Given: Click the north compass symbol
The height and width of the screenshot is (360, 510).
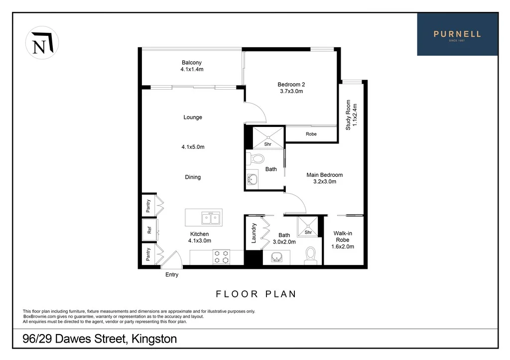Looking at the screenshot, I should point(42,43).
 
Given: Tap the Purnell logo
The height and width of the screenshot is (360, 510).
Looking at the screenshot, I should point(457,34).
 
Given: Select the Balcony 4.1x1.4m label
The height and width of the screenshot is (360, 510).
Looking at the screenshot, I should point(192,66).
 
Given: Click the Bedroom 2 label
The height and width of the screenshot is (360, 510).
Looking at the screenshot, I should point(290,88).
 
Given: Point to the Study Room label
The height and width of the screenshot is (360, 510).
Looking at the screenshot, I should point(352,115).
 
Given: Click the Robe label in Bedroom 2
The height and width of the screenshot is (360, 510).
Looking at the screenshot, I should point(311,134).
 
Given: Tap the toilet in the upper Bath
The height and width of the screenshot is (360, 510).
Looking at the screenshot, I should point(257,159).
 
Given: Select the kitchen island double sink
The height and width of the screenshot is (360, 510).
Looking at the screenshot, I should point(210,218).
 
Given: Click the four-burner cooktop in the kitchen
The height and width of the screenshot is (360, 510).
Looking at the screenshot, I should point(221,256).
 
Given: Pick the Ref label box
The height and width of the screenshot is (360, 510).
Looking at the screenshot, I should point(148,230).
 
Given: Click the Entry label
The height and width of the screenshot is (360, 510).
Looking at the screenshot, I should point(171,275).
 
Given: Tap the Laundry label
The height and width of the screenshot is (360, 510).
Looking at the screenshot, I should point(254,233).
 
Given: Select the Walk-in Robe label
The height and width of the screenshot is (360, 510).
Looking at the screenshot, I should point(343,240).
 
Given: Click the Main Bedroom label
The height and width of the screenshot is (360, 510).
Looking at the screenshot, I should point(324,178).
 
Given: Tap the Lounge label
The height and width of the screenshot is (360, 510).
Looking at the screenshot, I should point(193,118).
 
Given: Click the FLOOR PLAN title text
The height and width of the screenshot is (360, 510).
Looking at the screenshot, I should point(256,294).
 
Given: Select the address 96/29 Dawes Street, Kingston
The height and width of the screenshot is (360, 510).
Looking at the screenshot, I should point(100,340).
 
